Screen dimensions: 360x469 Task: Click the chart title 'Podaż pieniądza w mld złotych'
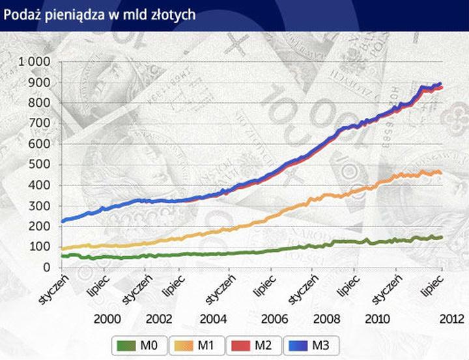coord(100,14)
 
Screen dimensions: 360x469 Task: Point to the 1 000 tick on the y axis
coord(35,62)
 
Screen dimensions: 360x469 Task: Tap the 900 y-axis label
coord(40,83)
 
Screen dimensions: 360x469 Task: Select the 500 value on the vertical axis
coord(40,165)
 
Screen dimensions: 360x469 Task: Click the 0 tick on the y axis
coord(47,268)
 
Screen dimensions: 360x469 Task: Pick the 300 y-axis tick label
coord(40,206)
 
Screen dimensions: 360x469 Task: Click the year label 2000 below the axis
coord(107,319)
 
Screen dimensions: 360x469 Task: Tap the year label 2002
coord(160,319)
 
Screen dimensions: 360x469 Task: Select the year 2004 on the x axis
coord(214,319)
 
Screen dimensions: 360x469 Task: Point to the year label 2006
coord(274,319)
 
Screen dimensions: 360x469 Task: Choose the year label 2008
coord(326,319)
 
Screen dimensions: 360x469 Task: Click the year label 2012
coord(449,319)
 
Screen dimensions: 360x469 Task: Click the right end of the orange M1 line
coord(441,173)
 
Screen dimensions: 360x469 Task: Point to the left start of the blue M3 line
coord(63,221)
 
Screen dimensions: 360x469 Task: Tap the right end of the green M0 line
coord(442,237)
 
